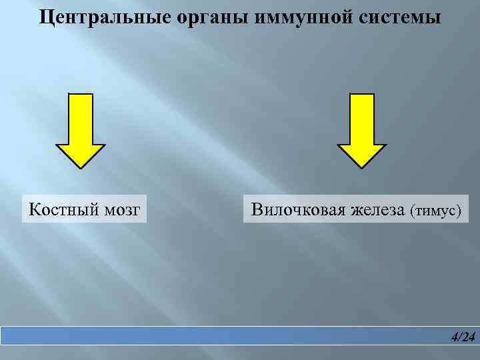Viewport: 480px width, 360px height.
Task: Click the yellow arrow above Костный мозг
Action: point(80,130)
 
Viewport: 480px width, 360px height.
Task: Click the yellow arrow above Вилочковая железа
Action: point(362,130)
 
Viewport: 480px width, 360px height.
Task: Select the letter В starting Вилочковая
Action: point(256,211)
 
